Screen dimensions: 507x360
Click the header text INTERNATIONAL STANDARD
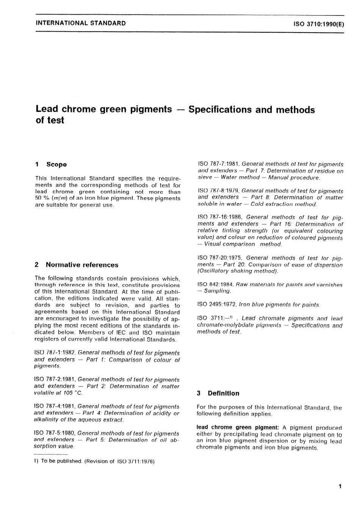tap(80, 23)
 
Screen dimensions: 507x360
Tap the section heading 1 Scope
tap(51, 164)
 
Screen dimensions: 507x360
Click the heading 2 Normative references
tap(77, 265)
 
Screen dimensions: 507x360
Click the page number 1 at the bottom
tap(340, 486)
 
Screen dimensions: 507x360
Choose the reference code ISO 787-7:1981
tap(218, 164)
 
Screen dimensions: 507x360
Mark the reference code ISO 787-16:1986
tap(220, 217)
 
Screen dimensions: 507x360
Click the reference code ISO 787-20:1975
tap(220, 258)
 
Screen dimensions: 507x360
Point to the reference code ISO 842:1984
tap(215, 285)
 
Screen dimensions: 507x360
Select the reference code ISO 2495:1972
tap(216, 304)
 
